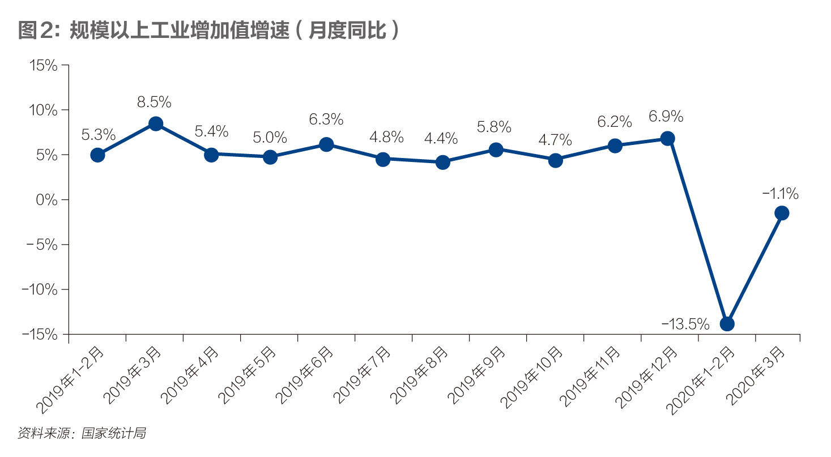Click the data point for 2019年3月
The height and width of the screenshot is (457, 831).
click(156, 124)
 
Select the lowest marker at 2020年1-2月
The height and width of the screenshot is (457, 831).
click(727, 324)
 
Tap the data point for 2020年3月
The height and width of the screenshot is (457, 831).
click(782, 213)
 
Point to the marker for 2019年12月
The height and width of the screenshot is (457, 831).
click(668, 139)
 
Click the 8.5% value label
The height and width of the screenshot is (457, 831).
click(154, 102)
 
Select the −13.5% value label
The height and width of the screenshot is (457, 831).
click(685, 324)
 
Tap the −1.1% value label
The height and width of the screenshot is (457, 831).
click(781, 194)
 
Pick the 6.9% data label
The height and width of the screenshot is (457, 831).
click(666, 117)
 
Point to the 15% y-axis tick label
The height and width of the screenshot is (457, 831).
click(43, 66)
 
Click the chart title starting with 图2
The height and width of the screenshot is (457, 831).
click(209, 31)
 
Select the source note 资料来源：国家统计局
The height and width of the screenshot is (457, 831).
click(82, 434)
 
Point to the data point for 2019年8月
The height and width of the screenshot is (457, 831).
click(442, 163)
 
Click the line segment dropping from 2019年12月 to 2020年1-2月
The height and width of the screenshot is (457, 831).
click(697, 231)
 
